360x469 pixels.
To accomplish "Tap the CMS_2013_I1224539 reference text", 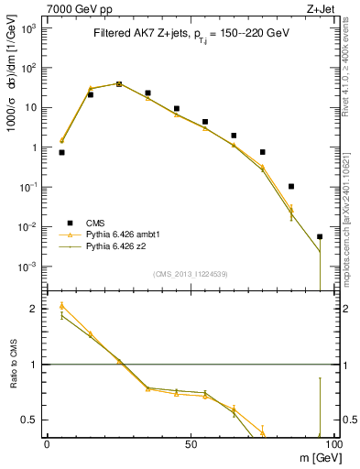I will point(191,274).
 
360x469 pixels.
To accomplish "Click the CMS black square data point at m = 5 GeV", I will point(61,152).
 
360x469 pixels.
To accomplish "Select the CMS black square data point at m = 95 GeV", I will point(320,236).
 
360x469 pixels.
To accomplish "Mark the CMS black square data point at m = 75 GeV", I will point(263,152).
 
